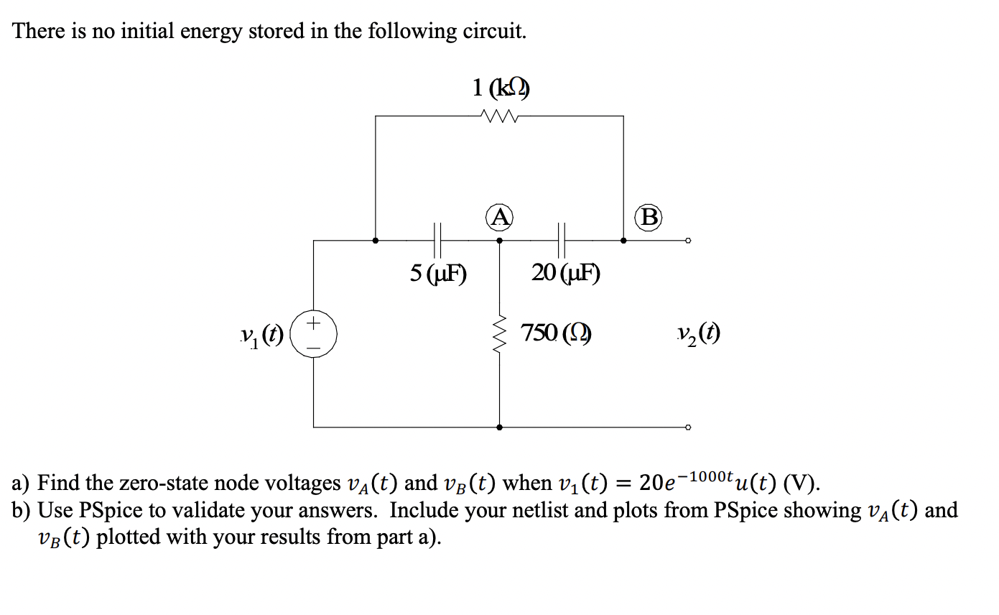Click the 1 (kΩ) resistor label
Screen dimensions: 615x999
tap(500, 88)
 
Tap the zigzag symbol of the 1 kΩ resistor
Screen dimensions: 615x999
tap(500, 115)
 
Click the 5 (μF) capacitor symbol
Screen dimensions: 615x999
tap(437, 240)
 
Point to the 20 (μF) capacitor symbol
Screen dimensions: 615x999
tap(562, 240)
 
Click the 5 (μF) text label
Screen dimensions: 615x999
tap(438, 273)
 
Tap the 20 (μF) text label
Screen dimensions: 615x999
tap(566, 273)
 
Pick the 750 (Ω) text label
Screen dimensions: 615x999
tap(557, 333)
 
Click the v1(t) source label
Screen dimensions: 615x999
tap(263, 335)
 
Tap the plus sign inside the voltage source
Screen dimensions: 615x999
tap(314, 325)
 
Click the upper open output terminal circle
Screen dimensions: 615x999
tap(687, 241)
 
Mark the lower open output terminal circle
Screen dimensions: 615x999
tap(687, 427)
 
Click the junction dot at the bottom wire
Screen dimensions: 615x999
tap(500, 427)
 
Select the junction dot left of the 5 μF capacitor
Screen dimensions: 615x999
tap(376, 241)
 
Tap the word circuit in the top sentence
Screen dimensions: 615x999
tap(493, 32)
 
